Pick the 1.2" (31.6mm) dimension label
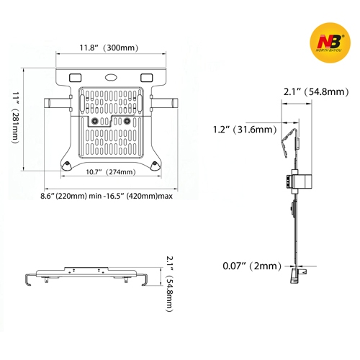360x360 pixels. pyautogui.click(x=243, y=130)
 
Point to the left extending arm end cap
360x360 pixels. pyautogui.click(x=50, y=103)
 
